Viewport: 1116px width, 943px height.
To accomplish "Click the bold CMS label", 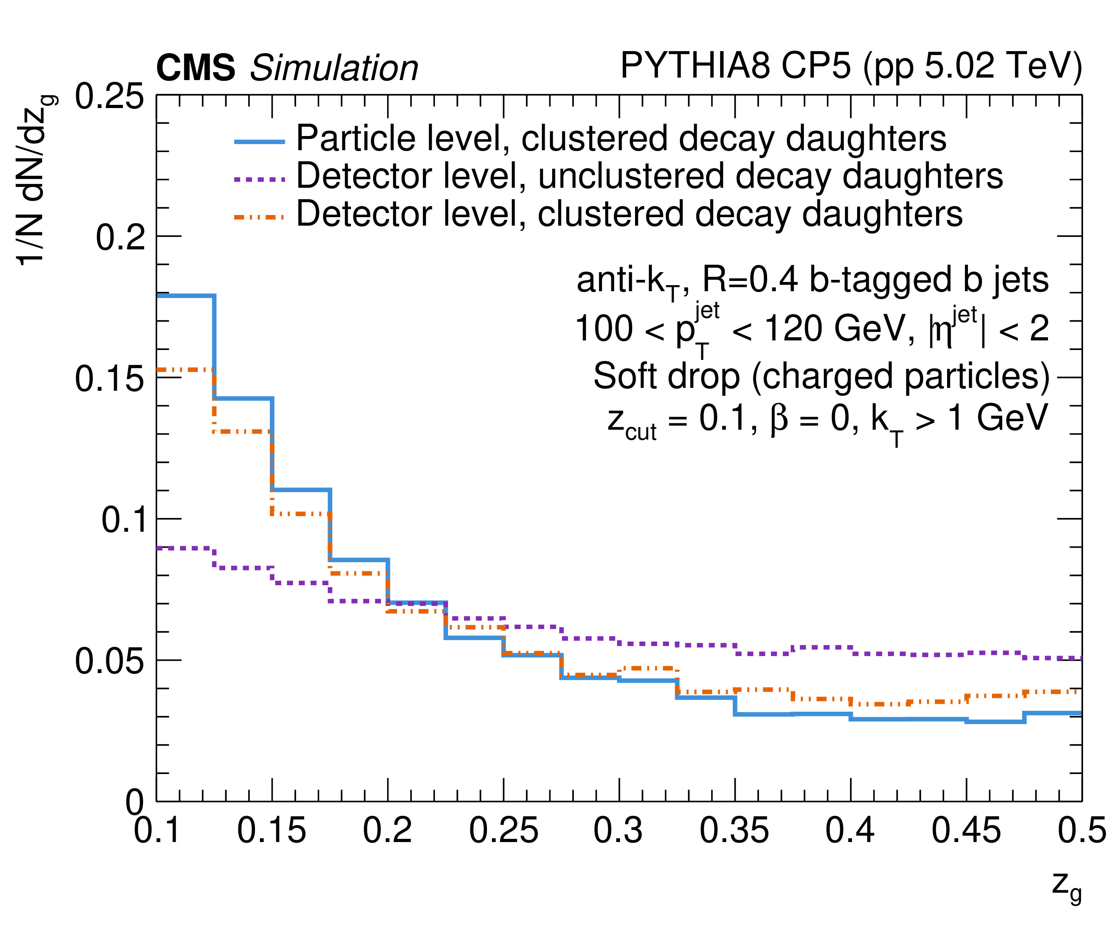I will (x=196, y=68).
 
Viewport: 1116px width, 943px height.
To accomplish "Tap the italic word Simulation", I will (x=334, y=68).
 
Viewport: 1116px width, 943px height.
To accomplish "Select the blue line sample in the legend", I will (x=259, y=141).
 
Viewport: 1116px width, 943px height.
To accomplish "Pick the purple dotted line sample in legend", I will (x=259, y=180).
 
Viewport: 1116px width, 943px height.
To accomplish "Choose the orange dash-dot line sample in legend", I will (x=259, y=217).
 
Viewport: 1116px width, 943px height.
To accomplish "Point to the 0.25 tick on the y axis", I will (x=109, y=97).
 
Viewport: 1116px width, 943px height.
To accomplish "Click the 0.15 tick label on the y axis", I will (x=109, y=379).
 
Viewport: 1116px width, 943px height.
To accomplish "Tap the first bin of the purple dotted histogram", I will (x=185, y=548).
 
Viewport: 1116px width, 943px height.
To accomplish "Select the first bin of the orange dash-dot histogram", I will (x=185, y=369).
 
